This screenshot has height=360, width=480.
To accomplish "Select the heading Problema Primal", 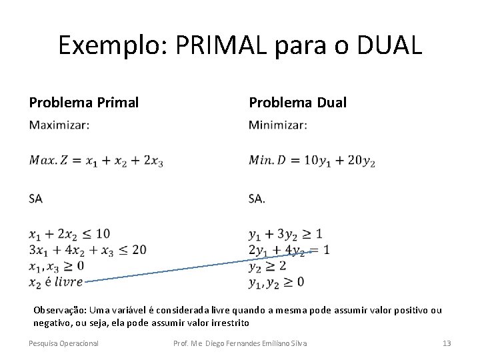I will coord(84,102).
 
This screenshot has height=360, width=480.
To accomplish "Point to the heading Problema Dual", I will coord(297,102).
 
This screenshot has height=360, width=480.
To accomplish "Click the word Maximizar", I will coord(59,125).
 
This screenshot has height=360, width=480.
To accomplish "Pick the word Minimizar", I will coord(278,125).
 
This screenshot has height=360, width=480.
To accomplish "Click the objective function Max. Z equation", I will coord(96,161).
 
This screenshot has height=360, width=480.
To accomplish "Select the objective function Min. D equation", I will coord(311,161).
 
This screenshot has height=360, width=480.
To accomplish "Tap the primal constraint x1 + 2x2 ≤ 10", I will coord(69,234).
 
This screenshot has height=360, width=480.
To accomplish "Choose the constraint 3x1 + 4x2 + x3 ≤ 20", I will coord(87,250).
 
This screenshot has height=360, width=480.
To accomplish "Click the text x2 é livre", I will coord(56,281).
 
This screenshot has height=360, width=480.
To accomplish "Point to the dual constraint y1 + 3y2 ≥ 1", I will coord(285,234).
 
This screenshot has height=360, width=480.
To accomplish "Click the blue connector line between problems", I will coord(200,267).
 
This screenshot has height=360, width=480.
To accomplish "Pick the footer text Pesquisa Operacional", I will coord(63,343).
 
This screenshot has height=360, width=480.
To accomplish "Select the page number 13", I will coord(447,343).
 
